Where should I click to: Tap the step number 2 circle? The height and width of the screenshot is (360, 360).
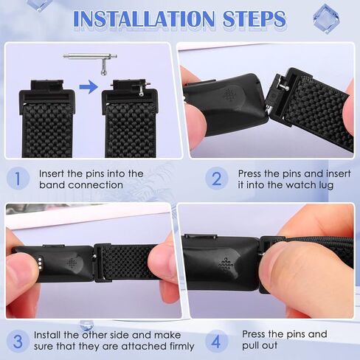[216, 179]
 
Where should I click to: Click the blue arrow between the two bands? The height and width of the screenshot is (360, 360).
[88, 87]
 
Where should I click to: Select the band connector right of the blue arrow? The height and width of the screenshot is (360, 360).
[130, 94]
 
